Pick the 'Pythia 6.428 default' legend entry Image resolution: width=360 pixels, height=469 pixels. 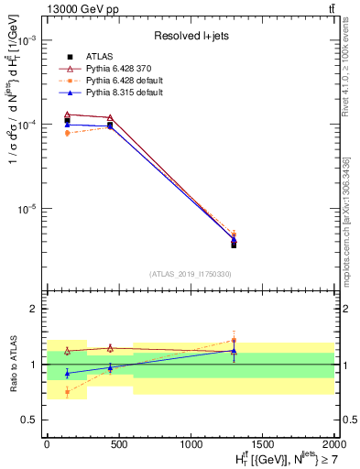[x=118, y=81]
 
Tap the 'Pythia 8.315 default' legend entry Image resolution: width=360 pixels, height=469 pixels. [x=118, y=93]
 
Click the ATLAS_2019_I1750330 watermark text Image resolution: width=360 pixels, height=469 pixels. [x=191, y=274]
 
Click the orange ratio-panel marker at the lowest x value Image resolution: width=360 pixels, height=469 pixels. [x=67, y=391]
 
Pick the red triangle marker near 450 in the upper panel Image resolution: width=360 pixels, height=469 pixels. [x=110, y=117]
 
